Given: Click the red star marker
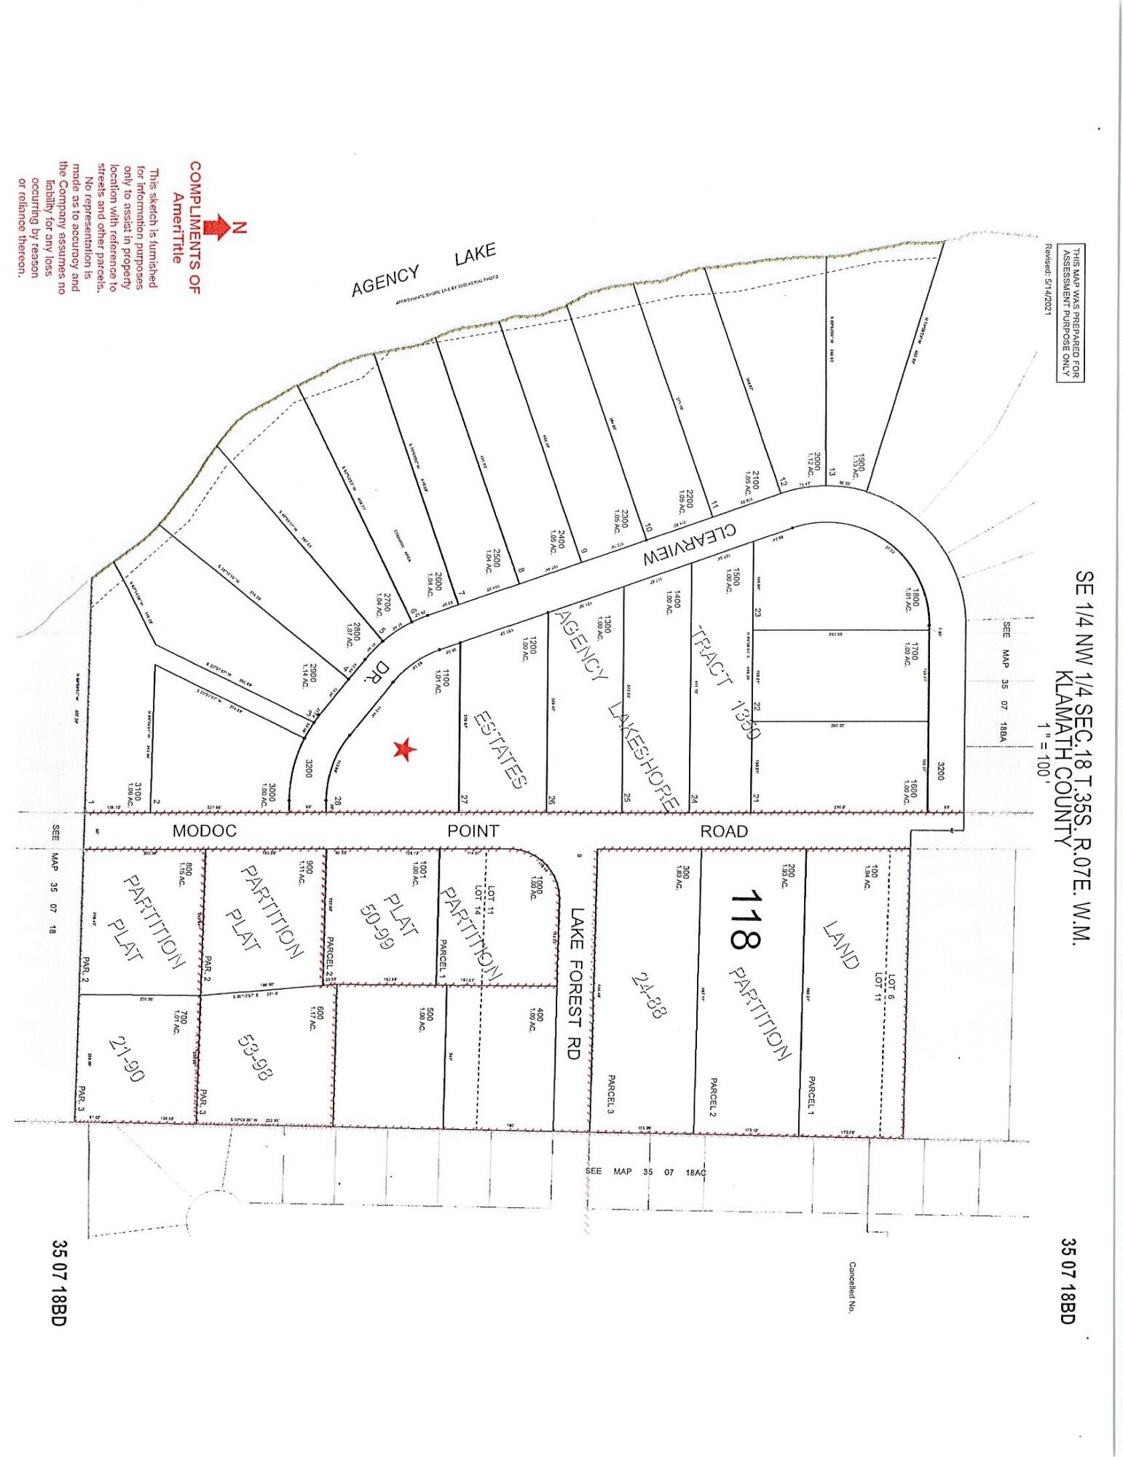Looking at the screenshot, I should pyautogui.click(x=404, y=749).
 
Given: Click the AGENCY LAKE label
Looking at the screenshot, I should pyautogui.click(x=423, y=270).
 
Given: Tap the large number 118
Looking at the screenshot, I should pyautogui.click(x=744, y=919).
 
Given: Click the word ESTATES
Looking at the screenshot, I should pyautogui.click(x=499, y=749).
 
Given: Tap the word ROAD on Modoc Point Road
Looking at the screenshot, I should pyautogui.click(x=723, y=830).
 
